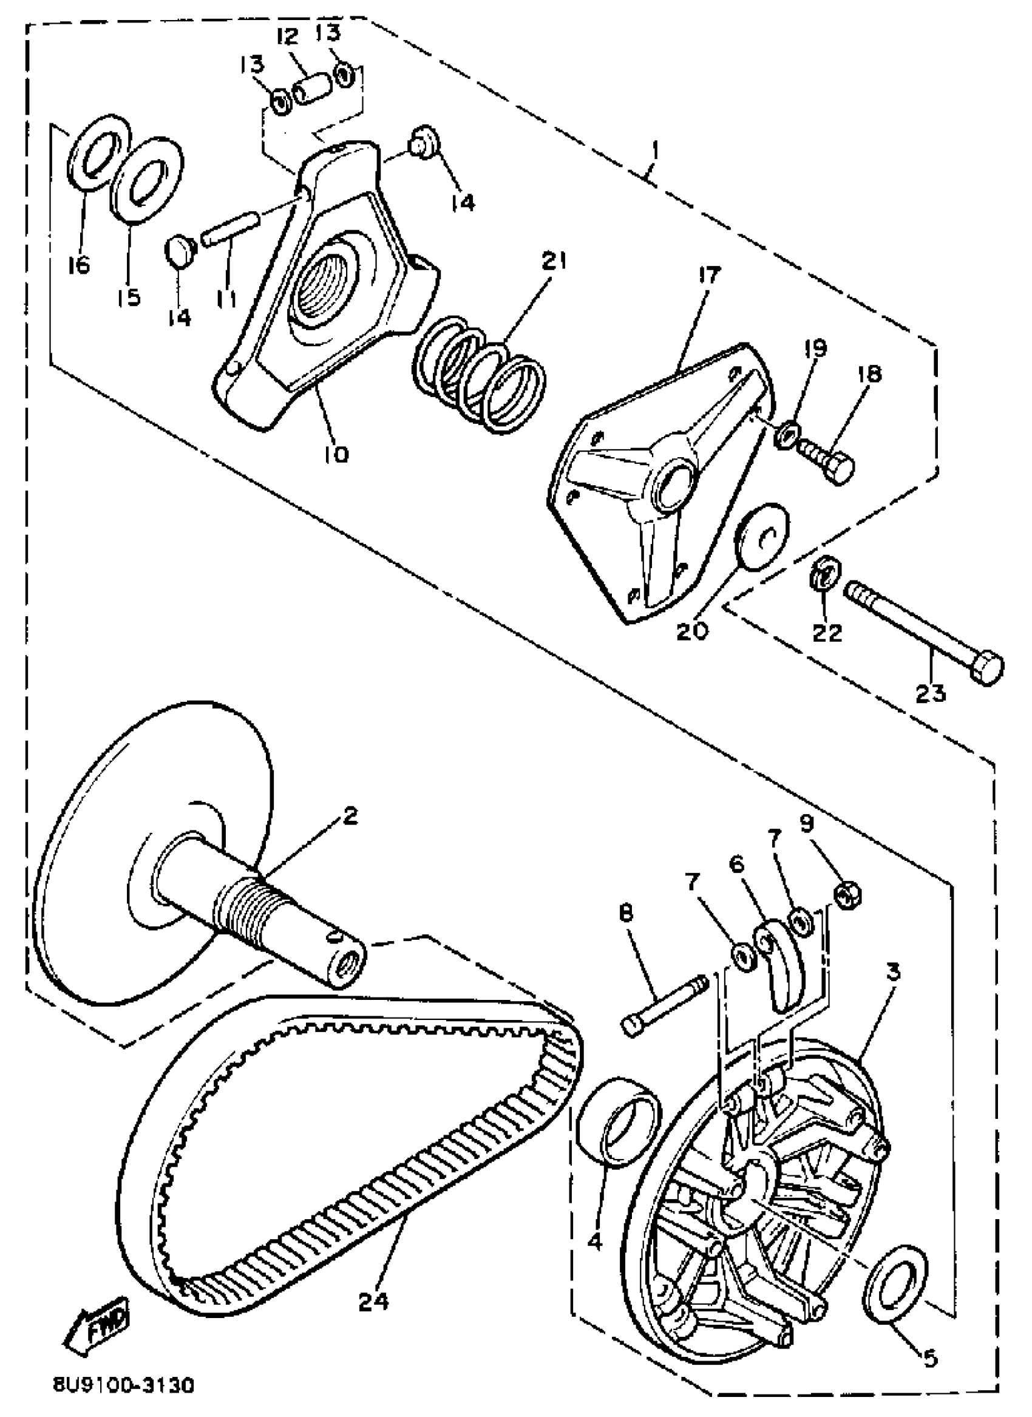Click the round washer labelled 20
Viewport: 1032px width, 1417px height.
coord(761,535)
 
